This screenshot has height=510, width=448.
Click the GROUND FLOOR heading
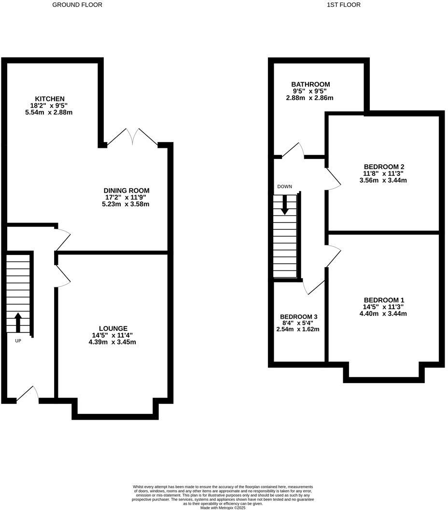tap(77, 5)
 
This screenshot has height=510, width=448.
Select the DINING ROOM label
tap(126, 191)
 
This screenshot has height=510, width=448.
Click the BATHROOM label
tap(310, 85)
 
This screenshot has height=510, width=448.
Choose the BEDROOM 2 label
tap(384, 167)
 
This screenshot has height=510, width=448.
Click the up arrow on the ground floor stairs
tap(18, 322)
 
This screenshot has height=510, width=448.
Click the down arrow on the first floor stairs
tap(285, 204)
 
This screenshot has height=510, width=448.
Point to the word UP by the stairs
tap(18, 341)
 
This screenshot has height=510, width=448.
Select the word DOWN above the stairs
tap(284, 186)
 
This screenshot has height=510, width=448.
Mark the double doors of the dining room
tap(132, 137)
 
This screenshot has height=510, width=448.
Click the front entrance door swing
tap(29, 394)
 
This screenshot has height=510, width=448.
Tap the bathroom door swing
tap(294, 150)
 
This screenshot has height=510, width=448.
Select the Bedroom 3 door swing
tap(314, 287)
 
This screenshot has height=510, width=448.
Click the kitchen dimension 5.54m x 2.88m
tap(49, 113)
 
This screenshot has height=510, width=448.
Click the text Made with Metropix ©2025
tap(223, 508)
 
